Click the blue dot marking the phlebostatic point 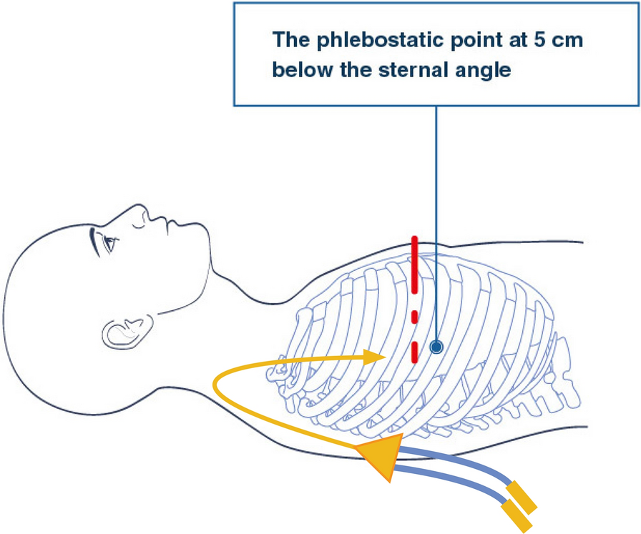click(436, 347)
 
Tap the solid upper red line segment click(414, 264)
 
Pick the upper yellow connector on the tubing click(522, 498)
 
